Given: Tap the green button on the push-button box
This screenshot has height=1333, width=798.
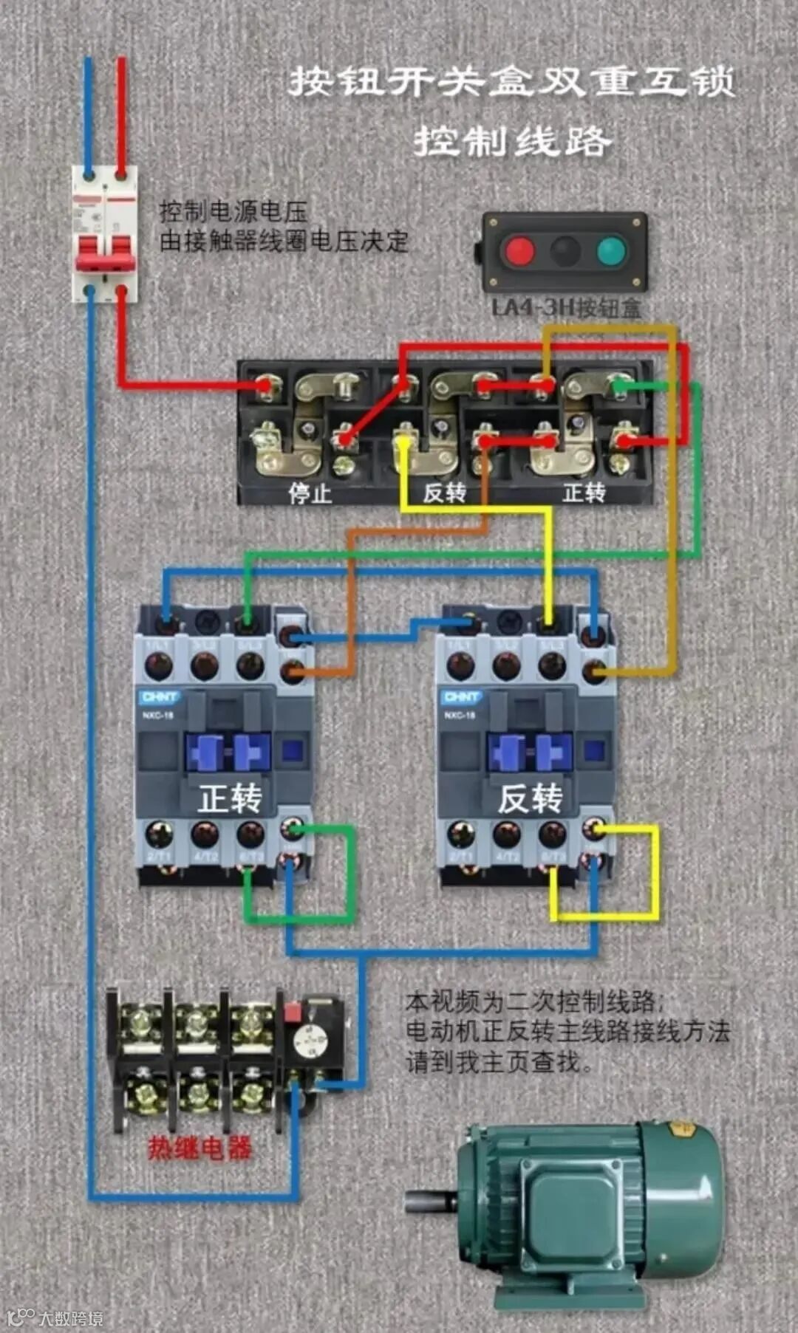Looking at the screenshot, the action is tap(612, 251).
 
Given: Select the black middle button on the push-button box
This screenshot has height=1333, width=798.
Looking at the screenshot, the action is tap(565, 251).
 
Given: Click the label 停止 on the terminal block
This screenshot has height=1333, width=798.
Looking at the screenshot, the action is tap(310, 493).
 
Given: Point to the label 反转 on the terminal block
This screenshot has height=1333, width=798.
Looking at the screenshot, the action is tap(444, 493).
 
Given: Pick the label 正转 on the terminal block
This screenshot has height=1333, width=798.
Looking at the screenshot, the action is tap(584, 492).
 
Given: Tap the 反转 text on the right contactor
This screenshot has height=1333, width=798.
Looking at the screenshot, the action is tap(530, 798).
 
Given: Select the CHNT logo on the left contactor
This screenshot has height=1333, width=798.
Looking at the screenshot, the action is tap(160, 697).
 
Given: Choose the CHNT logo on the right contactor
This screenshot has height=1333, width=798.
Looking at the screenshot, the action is tap(462, 697).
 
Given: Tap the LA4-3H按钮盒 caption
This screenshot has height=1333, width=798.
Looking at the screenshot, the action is tap(566, 308).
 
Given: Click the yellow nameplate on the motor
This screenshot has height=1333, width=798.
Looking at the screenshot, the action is tap(681, 1130).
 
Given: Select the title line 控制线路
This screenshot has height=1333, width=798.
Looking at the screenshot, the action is tap(512, 141).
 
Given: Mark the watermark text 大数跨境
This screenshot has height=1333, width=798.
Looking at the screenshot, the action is tap(71, 1317).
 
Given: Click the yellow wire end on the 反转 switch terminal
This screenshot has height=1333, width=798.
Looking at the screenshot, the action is tap(403, 442).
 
